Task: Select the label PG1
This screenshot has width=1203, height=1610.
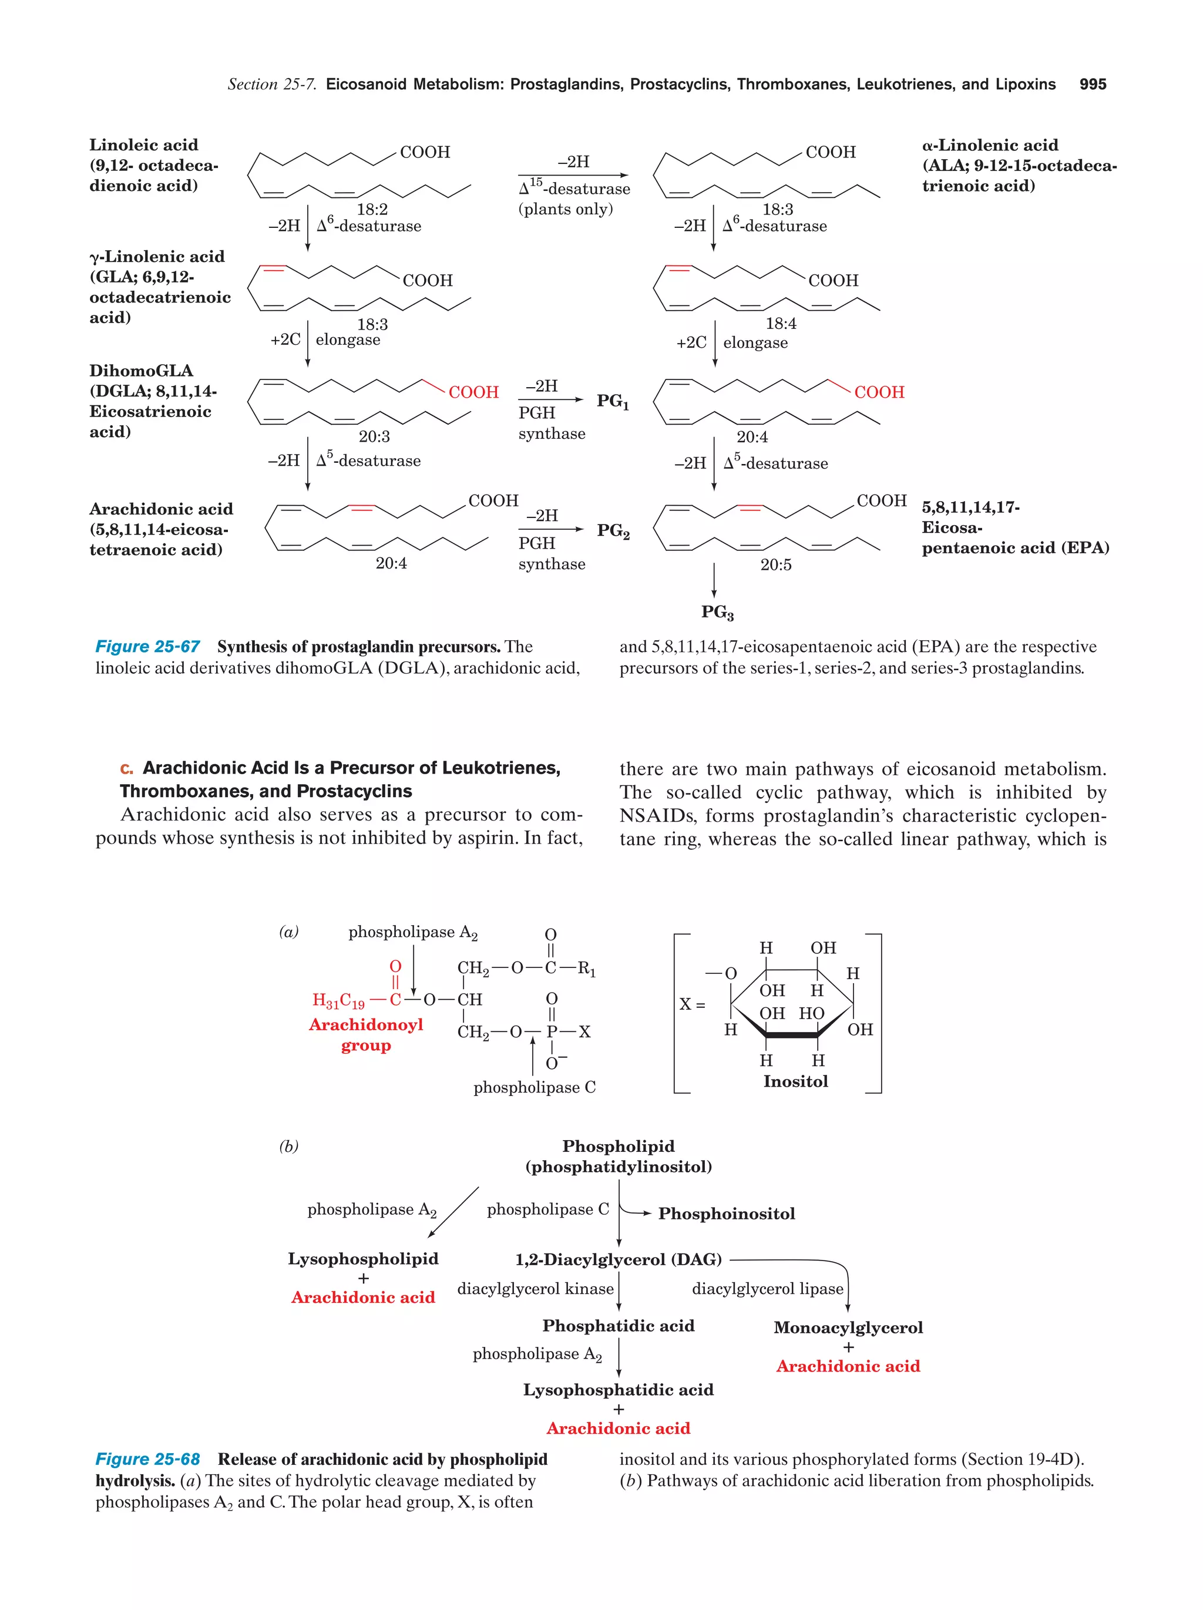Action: pyautogui.click(x=612, y=401)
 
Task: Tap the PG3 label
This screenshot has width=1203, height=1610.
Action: pyautogui.click(x=717, y=612)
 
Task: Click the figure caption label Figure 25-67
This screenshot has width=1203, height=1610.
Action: pyautogui.click(x=148, y=646)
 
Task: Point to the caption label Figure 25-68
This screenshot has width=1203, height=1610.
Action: pyautogui.click(x=148, y=1458)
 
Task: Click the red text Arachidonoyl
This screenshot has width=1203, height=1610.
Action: pyautogui.click(x=365, y=1025)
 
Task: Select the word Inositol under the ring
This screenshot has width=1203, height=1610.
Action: pyautogui.click(x=795, y=1081)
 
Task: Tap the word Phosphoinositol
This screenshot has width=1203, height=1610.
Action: pyautogui.click(x=726, y=1214)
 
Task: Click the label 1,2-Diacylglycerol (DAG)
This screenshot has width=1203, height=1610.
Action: pyautogui.click(x=618, y=1259)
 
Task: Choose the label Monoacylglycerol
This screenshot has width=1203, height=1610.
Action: pyautogui.click(x=848, y=1327)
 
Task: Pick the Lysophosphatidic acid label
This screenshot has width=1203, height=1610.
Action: pyautogui.click(x=618, y=1390)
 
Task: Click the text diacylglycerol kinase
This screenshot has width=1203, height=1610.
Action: pyautogui.click(x=535, y=1289)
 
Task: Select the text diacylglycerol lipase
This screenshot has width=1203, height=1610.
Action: pyautogui.click(x=767, y=1289)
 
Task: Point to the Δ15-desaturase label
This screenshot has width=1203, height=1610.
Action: pyautogui.click(x=574, y=188)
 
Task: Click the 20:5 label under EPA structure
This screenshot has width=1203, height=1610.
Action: pyautogui.click(x=776, y=565)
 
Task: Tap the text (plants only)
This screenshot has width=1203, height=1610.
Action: pyautogui.click(x=566, y=210)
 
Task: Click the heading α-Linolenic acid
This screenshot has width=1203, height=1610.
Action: pyautogui.click(x=990, y=146)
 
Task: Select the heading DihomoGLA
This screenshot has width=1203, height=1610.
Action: pyautogui.click(x=141, y=371)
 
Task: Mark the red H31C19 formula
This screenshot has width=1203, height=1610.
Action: pyautogui.click(x=338, y=1001)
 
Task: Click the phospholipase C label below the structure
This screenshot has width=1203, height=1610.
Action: pyautogui.click(x=534, y=1087)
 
